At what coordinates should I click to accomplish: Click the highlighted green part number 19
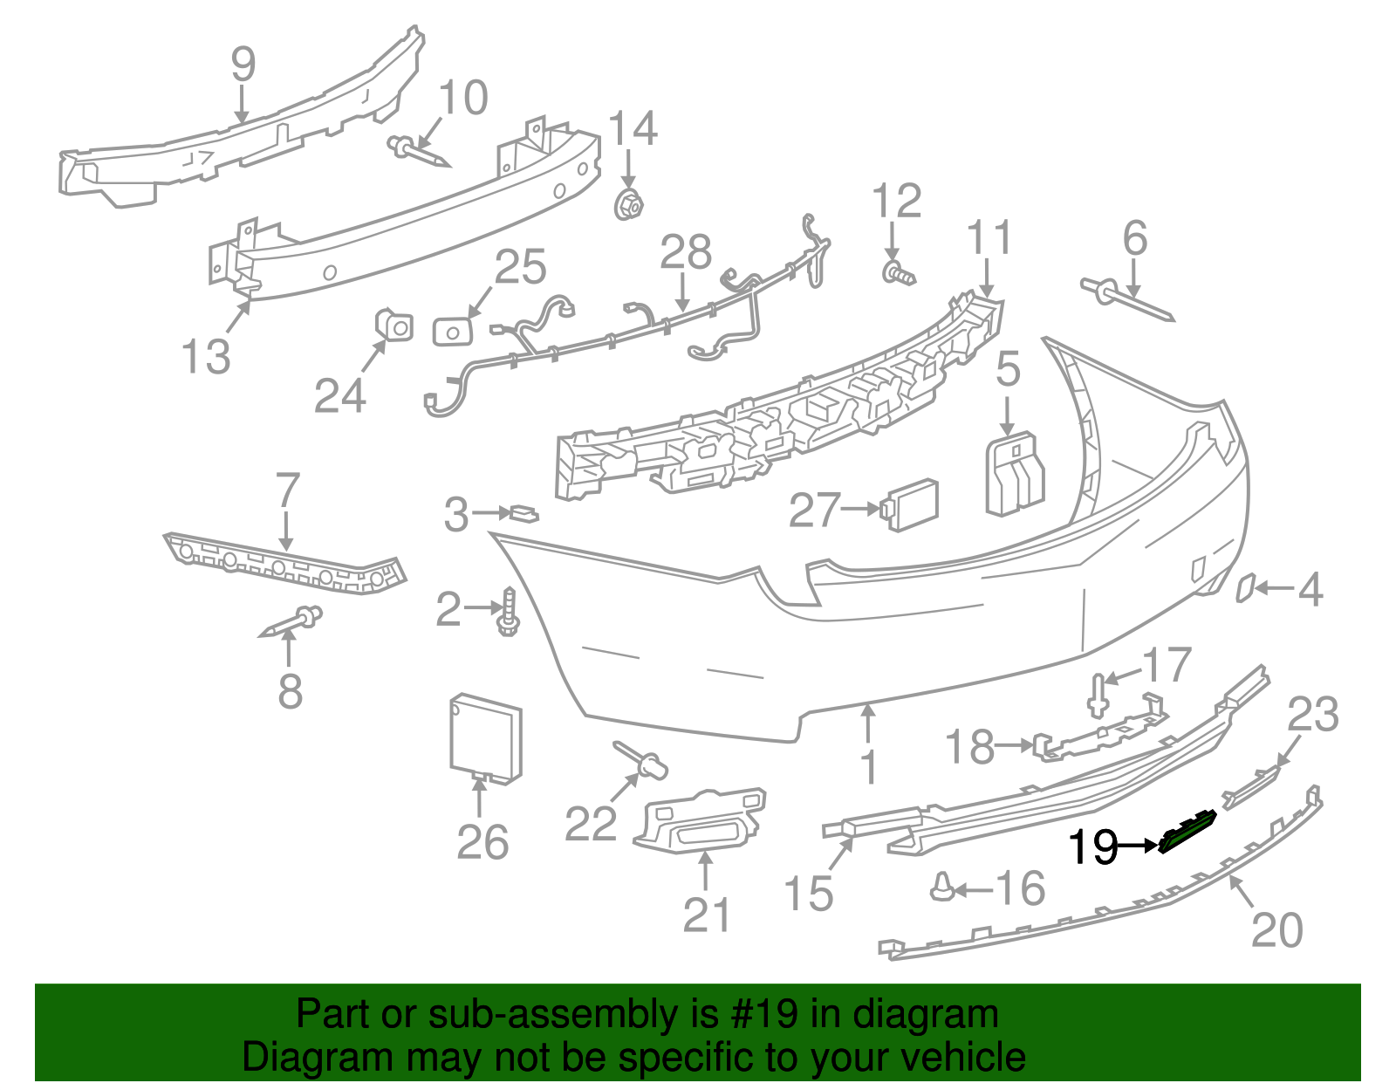coord(1188,831)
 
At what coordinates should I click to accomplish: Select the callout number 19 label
coord(1093,846)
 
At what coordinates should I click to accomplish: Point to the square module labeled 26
coord(485,736)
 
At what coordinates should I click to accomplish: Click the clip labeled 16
coord(942,887)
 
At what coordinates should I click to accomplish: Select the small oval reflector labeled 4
coord(1245,588)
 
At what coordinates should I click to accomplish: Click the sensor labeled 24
coord(394,325)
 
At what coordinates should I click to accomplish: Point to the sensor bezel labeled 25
coord(453,331)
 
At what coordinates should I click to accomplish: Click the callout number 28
coord(686,252)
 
